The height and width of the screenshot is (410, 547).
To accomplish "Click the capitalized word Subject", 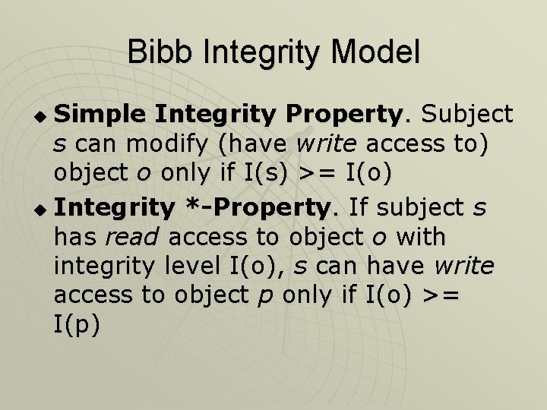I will point(467,115).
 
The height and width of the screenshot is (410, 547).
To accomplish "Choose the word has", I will point(74,236).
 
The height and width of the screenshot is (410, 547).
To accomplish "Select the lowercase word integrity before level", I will point(105,266).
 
